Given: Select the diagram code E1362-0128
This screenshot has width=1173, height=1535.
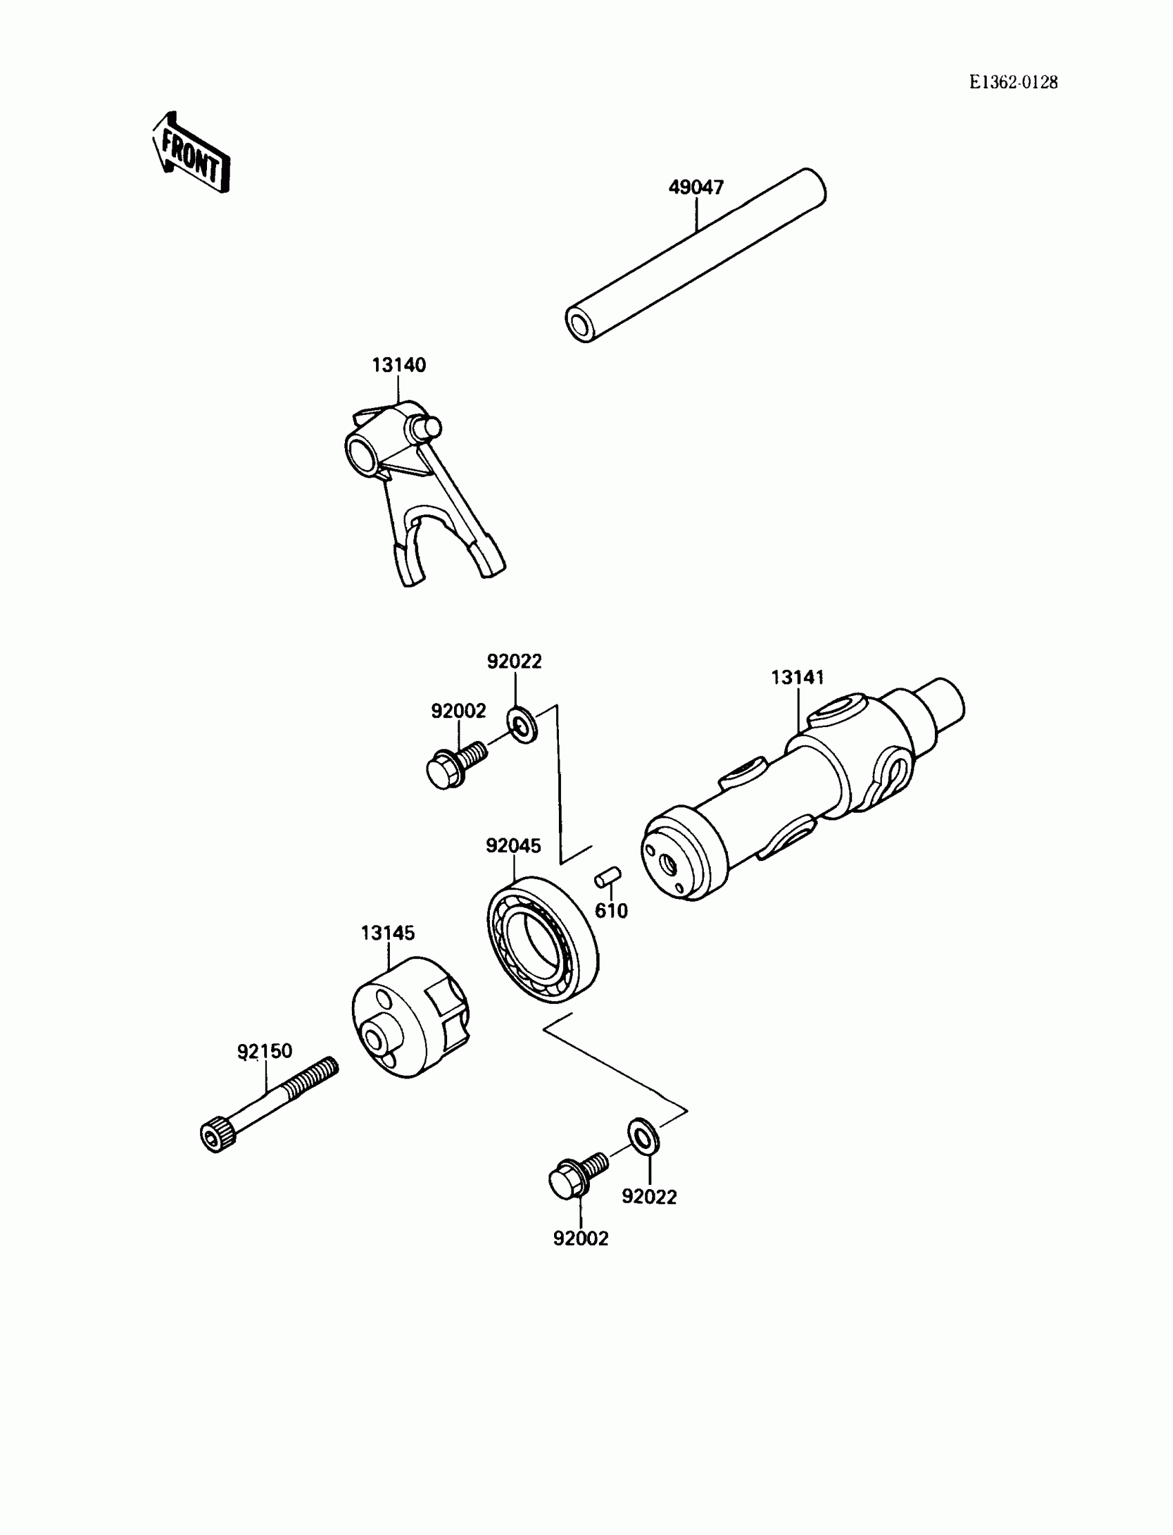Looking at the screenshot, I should (x=1013, y=82).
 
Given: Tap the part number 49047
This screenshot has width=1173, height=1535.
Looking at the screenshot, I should (x=696, y=187).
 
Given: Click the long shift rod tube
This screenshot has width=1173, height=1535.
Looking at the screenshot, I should (x=696, y=255).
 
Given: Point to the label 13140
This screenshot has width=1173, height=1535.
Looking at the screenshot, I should (x=399, y=365).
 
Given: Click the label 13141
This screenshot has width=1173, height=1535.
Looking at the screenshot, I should (x=798, y=677).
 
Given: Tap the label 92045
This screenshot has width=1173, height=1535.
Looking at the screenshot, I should (x=513, y=845).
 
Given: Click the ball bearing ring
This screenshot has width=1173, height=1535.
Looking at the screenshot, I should (x=542, y=939).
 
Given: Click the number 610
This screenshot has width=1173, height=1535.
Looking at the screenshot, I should (x=611, y=910).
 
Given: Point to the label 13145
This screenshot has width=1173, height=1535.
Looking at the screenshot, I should (x=388, y=933).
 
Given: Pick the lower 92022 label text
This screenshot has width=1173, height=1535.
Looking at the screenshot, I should (x=649, y=1197).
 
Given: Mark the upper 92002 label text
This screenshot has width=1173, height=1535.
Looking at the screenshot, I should (x=458, y=711).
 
